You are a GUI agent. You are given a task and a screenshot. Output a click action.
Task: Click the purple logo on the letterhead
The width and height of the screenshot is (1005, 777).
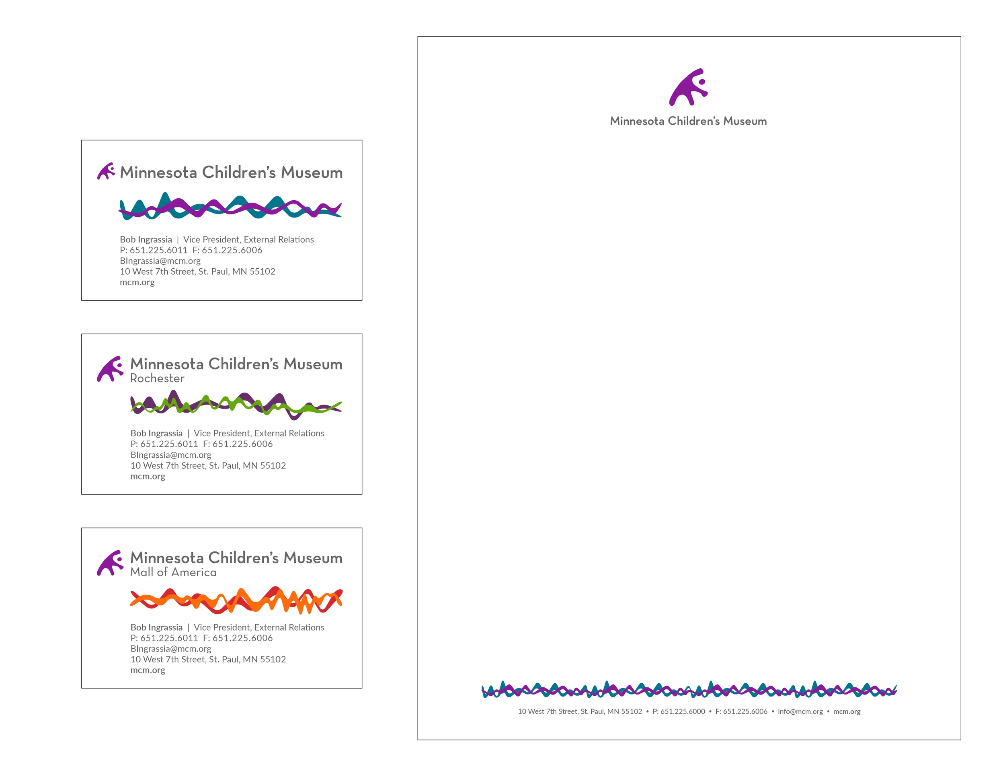pos(688,87)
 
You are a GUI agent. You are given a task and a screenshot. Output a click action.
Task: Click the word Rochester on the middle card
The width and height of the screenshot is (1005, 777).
pos(157,378)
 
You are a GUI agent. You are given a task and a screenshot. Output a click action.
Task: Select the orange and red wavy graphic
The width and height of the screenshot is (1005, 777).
pos(236,600)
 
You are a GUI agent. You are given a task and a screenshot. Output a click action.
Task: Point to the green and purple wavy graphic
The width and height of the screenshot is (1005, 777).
pos(236,405)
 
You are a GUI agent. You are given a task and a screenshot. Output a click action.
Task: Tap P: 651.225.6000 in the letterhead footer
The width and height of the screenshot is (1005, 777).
pos(678,711)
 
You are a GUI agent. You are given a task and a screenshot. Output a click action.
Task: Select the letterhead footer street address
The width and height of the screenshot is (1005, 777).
pos(579,711)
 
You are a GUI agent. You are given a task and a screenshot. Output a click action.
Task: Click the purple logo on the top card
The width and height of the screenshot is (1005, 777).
pos(106,171)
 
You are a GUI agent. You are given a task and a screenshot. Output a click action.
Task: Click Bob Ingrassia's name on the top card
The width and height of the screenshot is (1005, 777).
pos(146,240)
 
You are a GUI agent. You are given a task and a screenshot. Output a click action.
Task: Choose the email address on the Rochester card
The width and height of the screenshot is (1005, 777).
pos(171,455)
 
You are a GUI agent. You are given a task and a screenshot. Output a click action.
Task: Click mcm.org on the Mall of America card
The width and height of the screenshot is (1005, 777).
pos(148,670)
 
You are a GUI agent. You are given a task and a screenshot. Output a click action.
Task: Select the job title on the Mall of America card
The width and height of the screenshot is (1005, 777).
pos(258,627)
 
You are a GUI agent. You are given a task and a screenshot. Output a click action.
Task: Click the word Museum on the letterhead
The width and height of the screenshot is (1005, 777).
pos(745,121)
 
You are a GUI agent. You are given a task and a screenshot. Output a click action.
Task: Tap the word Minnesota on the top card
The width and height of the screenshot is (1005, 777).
pos(158,173)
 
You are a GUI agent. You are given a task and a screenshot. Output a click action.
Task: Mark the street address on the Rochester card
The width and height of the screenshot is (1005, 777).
pos(208,465)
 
